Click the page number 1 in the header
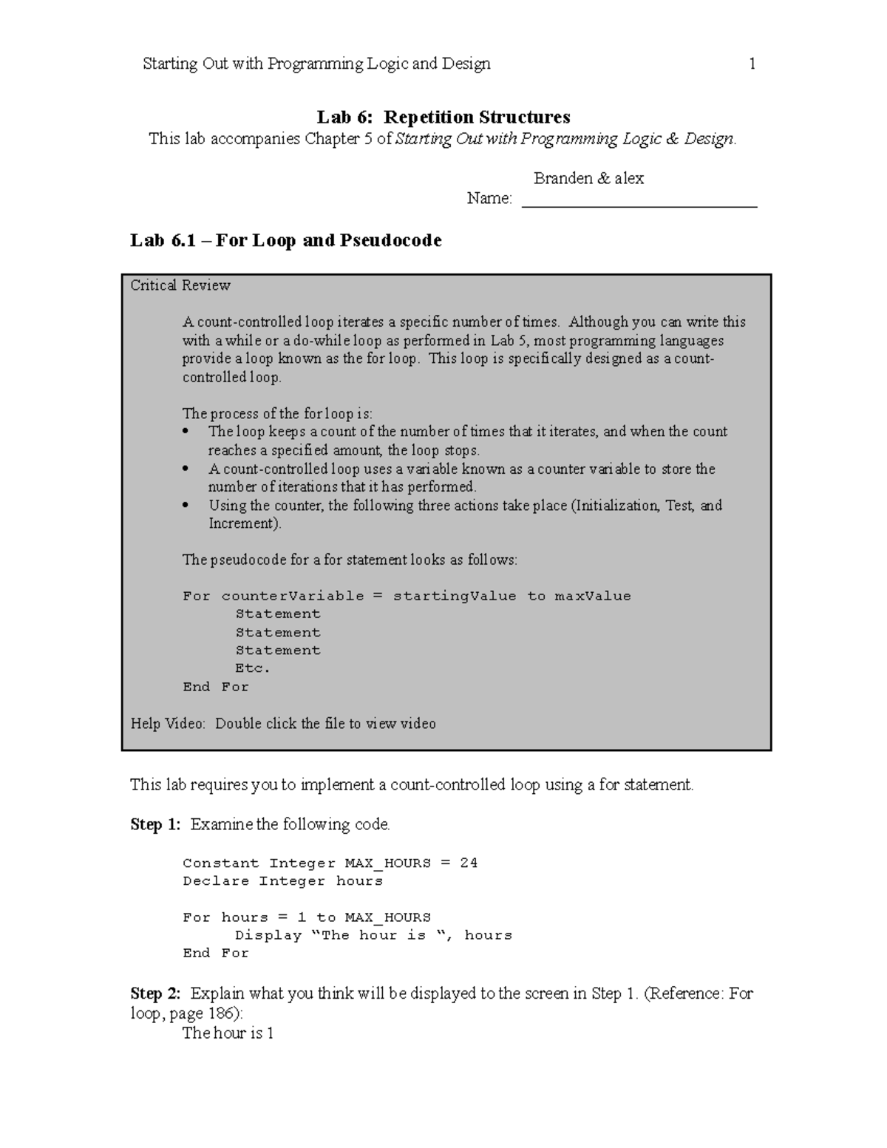[752, 64]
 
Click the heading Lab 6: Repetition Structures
[443, 118]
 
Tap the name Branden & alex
[588, 178]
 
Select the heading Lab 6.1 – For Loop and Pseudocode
[286, 240]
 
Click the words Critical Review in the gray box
[180, 285]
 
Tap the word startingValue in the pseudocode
[454, 596]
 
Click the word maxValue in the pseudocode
[593, 596]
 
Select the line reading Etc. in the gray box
[253, 668]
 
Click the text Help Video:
[168, 724]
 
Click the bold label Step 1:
[155, 824]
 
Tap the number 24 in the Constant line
[469, 863]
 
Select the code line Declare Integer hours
[282, 881]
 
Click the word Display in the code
[268, 935]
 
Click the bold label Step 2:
[155, 994]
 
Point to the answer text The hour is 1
[228, 1033]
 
